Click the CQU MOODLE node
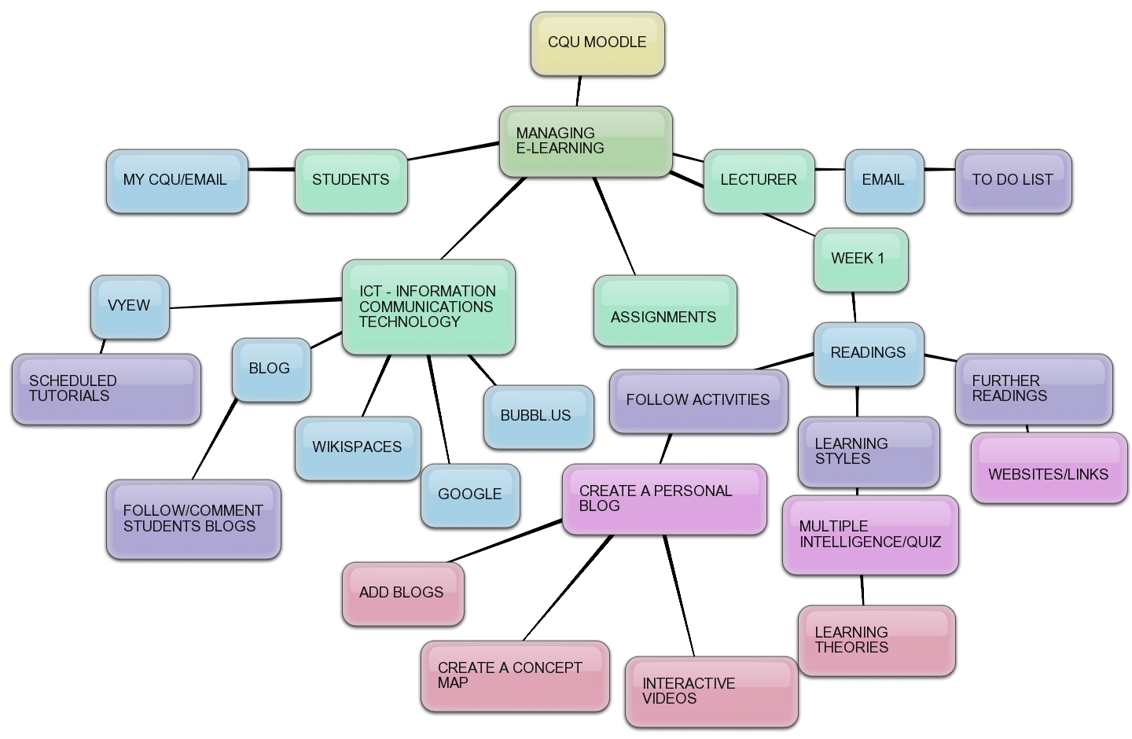[x=597, y=43]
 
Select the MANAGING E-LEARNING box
[x=586, y=142]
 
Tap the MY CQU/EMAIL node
[x=177, y=181]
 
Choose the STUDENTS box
[x=351, y=181]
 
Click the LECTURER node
[x=759, y=181]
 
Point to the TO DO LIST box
[x=1013, y=181]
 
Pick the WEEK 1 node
[x=860, y=259]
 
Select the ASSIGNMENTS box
[x=664, y=311]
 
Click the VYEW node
[x=130, y=307]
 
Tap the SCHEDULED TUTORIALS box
[x=106, y=389]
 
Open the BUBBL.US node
[x=538, y=417]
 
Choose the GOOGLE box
[x=470, y=495]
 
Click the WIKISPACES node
[x=358, y=448]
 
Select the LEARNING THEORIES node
[x=876, y=640]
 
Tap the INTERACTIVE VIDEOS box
[x=711, y=691]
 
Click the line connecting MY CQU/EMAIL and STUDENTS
[x=271, y=169]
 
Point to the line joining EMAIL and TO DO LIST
[x=939, y=169]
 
